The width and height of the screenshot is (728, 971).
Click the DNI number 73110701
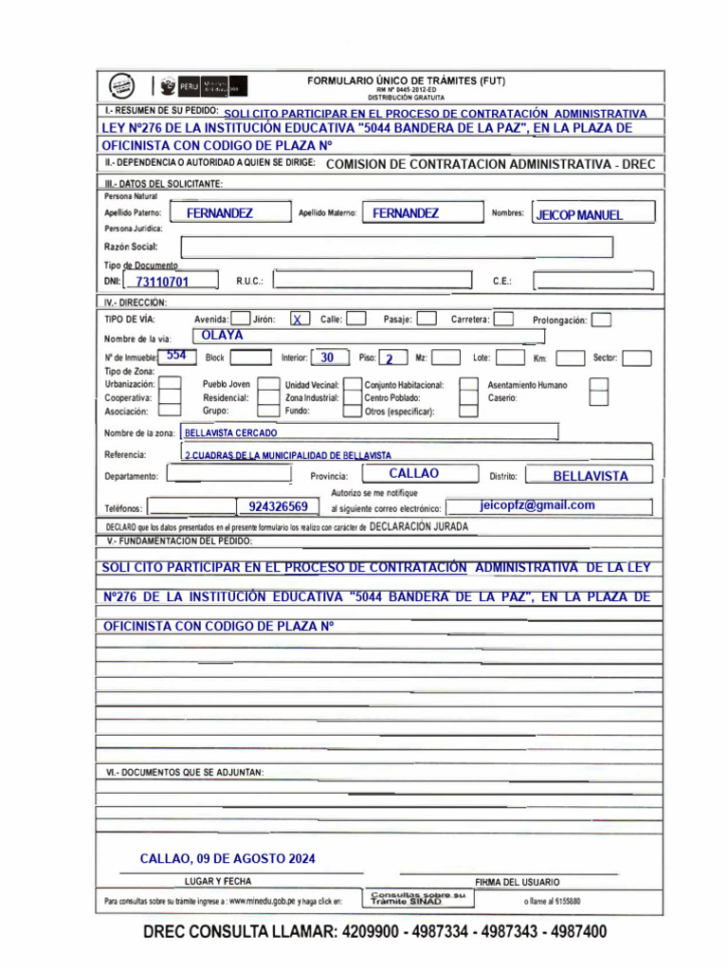[x=162, y=282]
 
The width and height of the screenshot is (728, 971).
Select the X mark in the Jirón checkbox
[x=298, y=321]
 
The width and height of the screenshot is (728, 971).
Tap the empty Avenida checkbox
[x=241, y=320]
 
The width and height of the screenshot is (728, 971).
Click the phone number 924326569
[x=278, y=507]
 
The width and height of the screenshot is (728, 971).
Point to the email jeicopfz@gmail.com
[x=537, y=505]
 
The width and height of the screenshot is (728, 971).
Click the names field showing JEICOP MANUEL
[x=579, y=215]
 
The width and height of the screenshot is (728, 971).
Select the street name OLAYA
[x=223, y=336]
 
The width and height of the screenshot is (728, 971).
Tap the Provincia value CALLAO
[x=414, y=473]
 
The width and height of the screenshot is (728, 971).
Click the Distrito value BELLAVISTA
[x=590, y=476]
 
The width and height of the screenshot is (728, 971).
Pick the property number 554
[x=175, y=356]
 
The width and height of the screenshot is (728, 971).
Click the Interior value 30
[x=327, y=358]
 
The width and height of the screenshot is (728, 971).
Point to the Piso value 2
[x=389, y=359]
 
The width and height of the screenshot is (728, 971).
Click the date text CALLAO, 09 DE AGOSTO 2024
[x=227, y=859]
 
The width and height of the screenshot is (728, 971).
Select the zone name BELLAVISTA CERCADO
[x=231, y=432]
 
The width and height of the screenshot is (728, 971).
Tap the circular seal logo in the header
[x=121, y=85]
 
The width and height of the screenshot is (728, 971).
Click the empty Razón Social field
[x=396, y=247]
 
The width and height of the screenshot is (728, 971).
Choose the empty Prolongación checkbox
[x=601, y=321]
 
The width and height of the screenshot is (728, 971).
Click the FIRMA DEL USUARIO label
[x=517, y=882]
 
